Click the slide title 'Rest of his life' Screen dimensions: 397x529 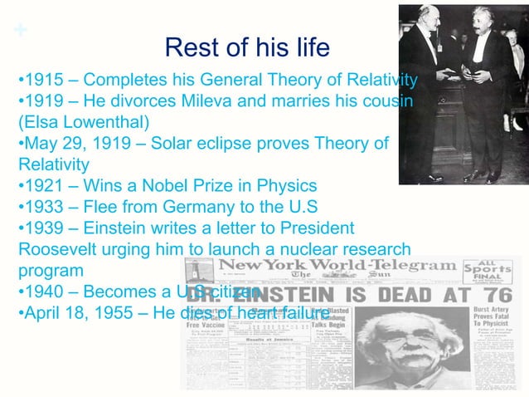pos(247,47)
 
